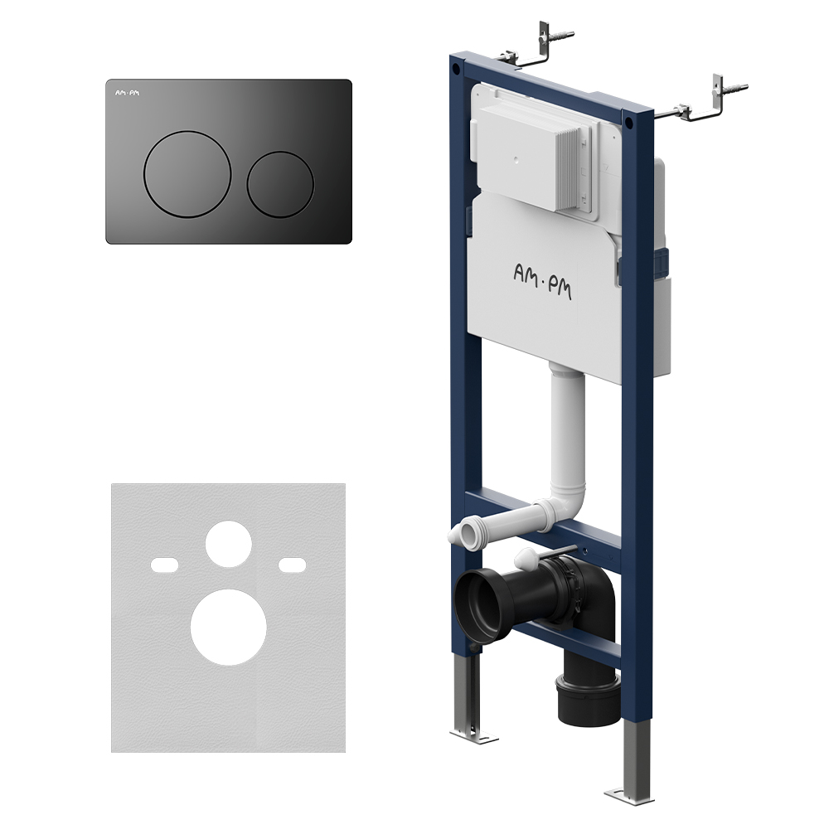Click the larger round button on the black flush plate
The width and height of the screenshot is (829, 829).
187,174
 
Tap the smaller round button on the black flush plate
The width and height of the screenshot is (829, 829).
280,185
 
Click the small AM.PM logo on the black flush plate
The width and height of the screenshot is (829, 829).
128,93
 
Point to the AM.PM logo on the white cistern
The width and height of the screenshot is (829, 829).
542,281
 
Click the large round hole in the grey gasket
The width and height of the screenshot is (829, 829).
229,627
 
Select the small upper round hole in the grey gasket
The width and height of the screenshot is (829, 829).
229,544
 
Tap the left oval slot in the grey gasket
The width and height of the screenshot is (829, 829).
164,565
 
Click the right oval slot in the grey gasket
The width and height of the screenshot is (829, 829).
293,565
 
